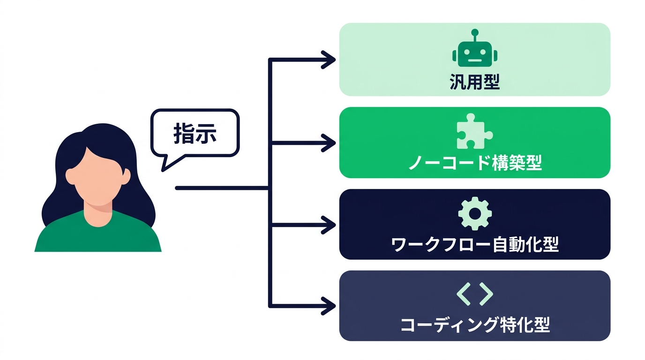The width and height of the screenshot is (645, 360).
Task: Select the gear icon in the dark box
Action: [474, 214]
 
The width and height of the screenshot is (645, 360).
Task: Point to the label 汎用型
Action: [474, 83]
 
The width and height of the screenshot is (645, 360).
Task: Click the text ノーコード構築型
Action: [474, 164]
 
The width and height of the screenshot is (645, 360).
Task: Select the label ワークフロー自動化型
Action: [474, 244]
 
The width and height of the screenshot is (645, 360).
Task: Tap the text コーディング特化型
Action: [474, 325]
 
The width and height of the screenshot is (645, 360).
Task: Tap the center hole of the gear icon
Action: [474, 214]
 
